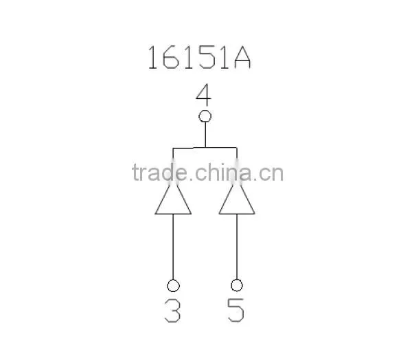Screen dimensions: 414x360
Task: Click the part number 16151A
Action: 199,58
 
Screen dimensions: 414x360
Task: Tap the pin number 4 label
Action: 204,94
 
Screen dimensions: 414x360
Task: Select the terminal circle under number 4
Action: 205,116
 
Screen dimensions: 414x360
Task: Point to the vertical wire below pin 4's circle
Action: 205,135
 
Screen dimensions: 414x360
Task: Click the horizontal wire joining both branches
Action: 205,148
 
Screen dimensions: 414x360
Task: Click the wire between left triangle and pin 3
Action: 173,247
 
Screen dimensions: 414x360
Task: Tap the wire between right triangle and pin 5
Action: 237,247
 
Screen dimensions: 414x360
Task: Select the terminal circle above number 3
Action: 173,286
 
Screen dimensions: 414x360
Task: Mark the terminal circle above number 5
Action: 237,285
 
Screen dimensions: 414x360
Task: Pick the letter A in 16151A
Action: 242,58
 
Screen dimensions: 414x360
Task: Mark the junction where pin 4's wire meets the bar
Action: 205,148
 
